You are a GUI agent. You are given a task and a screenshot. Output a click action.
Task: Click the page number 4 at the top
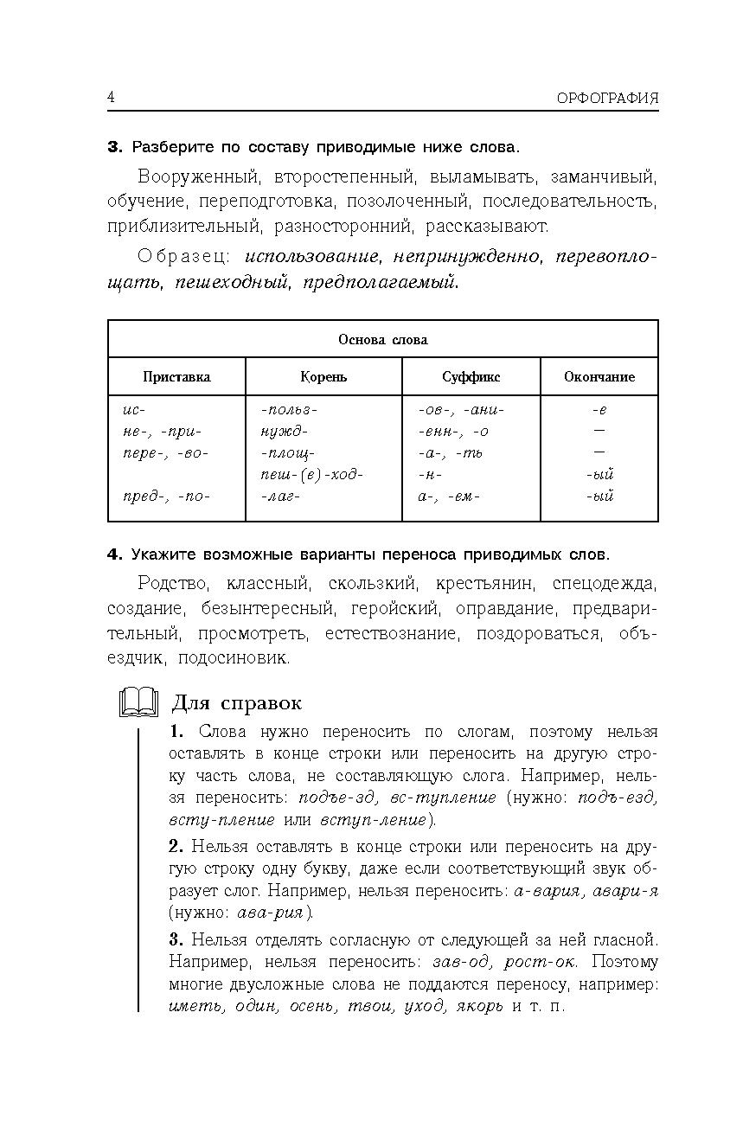point(111,96)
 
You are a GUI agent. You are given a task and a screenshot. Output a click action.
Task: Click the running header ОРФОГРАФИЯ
point(607,98)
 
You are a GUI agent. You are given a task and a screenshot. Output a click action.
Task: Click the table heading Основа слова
point(382,339)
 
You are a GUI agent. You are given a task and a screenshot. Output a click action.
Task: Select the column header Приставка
point(176,377)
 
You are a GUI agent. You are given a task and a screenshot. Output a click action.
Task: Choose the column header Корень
point(323,377)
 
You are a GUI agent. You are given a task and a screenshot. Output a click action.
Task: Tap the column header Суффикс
point(471,377)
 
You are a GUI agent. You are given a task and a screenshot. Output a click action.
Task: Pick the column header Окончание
point(599,377)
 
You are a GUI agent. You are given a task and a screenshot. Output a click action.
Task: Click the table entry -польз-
point(289,410)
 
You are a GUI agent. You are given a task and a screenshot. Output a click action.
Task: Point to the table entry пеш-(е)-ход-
point(311,475)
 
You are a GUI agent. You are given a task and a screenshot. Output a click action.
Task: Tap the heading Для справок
point(237,702)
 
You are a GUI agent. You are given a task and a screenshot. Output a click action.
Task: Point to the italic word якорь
point(474,1007)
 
